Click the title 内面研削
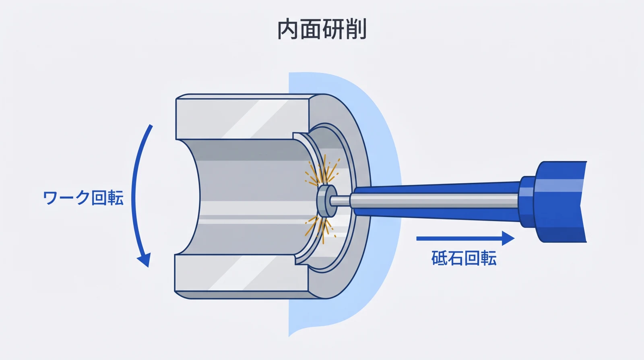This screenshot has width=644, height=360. coord(322,29)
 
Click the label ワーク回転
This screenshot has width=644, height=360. coord(83,198)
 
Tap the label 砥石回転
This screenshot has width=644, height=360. coord(464,258)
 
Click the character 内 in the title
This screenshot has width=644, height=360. coord(288,29)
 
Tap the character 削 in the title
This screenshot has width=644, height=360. coord(356,29)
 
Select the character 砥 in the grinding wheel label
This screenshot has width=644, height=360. coord(440,258)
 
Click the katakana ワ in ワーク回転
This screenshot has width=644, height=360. coord(50,198)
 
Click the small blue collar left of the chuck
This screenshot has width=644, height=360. coord(526,201)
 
